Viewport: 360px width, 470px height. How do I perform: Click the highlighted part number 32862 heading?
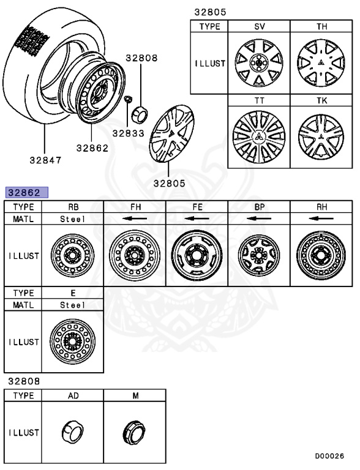26,192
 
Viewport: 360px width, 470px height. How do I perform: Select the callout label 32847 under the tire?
45,161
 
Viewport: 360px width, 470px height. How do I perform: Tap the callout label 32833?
127,132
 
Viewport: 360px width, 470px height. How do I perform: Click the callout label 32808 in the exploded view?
142,58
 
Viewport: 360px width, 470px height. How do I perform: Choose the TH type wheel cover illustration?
321,62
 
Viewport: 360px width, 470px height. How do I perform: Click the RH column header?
321,207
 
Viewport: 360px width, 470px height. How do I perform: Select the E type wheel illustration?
72,341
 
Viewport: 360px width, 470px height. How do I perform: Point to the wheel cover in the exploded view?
171,135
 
